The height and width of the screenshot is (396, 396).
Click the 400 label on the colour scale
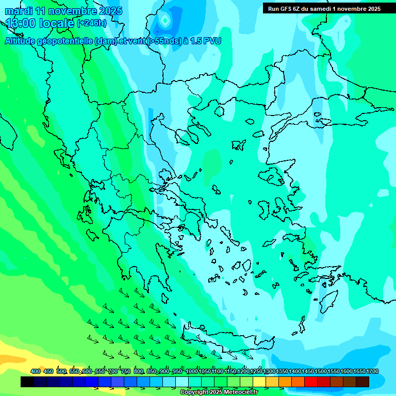(36, 371)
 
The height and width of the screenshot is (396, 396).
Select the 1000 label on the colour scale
(192, 371)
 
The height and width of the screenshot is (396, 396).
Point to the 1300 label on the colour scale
(269, 371)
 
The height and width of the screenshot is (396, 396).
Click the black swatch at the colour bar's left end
(27, 382)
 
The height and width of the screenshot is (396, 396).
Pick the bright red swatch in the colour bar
(311, 382)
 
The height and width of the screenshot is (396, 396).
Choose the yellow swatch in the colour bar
(259, 382)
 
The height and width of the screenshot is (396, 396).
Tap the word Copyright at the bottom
(195, 392)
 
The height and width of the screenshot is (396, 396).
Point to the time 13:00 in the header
(21, 23)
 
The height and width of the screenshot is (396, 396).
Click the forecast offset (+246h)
(92, 23)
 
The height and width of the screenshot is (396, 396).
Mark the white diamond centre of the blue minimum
(165, 20)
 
